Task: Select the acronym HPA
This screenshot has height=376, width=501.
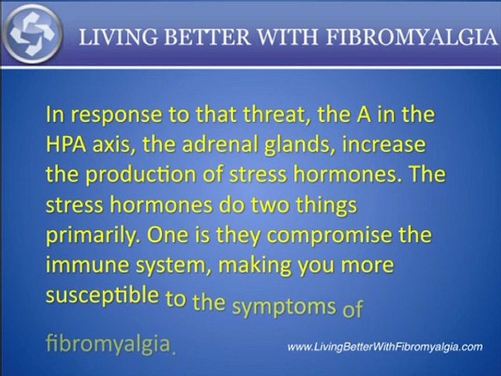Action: (65, 145)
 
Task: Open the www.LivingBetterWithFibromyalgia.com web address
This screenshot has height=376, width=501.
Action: (385, 347)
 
